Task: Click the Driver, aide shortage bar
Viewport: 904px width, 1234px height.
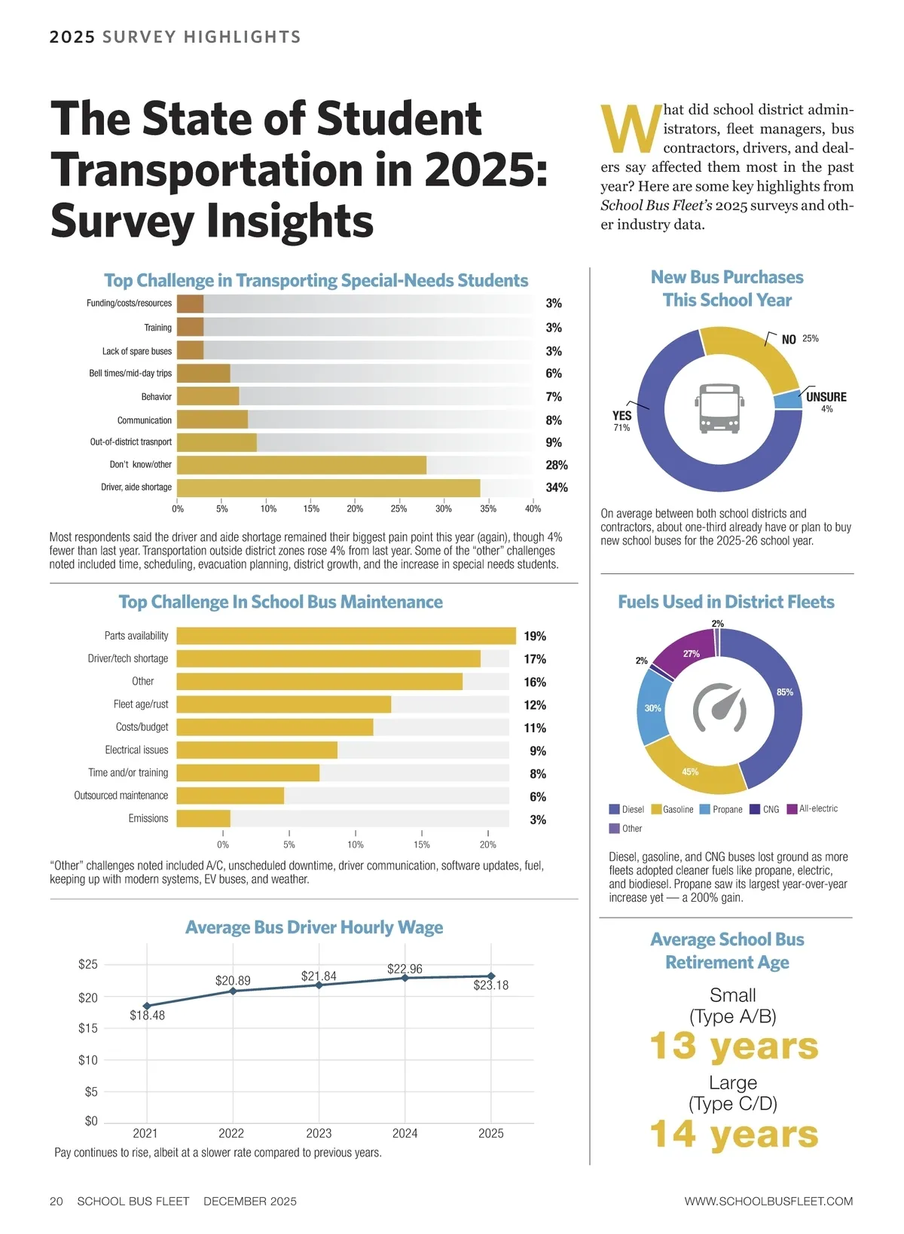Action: [x=328, y=488]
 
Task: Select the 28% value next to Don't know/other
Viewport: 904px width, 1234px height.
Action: [x=557, y=466]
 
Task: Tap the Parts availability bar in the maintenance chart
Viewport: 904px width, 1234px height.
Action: [x=346, y=636]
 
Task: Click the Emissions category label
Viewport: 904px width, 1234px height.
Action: [x=148, y=819]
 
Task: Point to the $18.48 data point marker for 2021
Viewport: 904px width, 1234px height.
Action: [x=147, y=1006]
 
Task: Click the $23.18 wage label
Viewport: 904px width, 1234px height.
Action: [x=490, y=985]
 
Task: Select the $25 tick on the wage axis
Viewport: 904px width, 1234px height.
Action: [x=88, y=965]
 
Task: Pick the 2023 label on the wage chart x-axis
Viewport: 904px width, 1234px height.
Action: [x=319, y=1133]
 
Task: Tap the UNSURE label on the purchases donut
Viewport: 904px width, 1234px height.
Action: [x=826, y=397]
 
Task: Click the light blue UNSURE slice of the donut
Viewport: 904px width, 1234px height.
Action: [x=788, y=400]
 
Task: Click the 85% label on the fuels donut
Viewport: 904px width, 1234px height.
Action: [x=785, y=692]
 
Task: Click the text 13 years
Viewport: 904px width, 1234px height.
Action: [x=734, y=1046]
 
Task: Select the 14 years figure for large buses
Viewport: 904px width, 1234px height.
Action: [x=734, y=1135]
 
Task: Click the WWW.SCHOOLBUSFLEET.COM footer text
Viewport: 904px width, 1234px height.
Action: [x=768, y=1202]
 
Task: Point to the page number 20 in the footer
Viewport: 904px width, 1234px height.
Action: [x=56, y=1202]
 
